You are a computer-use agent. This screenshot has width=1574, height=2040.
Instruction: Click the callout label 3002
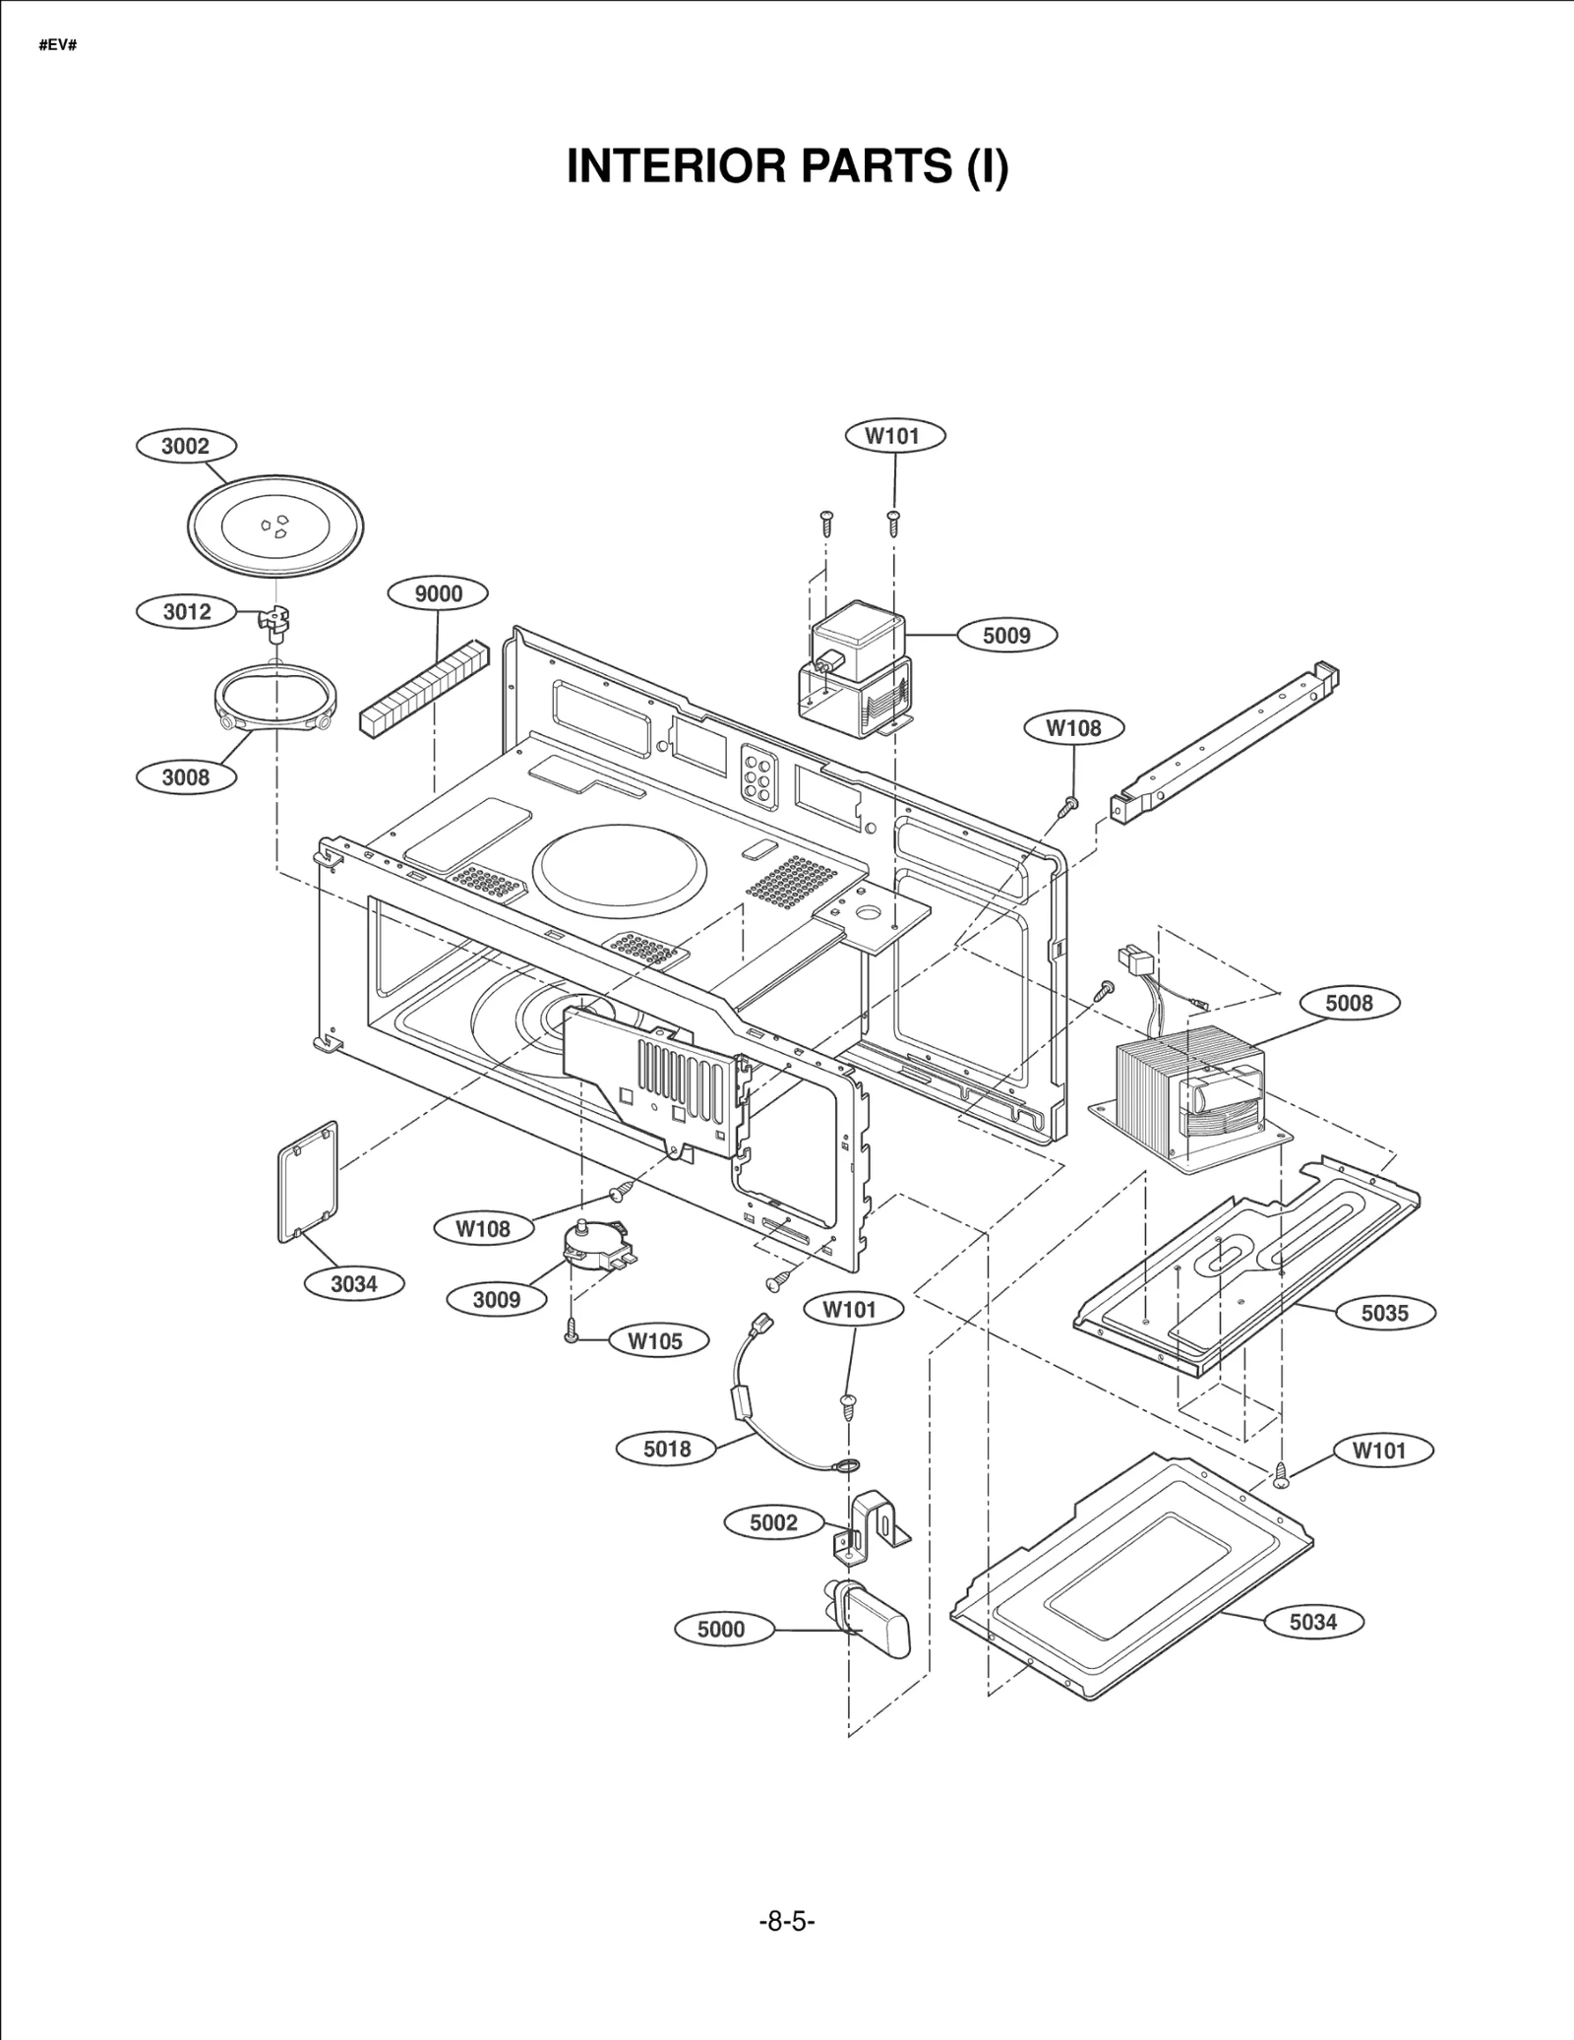tap(185, 447)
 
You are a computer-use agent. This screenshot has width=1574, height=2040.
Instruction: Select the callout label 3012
tap(187, 612)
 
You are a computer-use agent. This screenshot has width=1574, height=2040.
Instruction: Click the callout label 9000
tap(438, 593)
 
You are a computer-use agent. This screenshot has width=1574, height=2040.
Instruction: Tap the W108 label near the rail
tap(1073, 728)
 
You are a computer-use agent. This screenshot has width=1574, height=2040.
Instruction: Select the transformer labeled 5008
tap(1189, 1087)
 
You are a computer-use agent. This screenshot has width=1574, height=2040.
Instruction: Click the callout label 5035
tap(1384, 1313)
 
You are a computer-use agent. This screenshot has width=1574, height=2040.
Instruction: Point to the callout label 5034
tap(1312, 1622)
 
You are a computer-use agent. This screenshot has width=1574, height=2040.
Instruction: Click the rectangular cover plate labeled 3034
tap(309, 1181)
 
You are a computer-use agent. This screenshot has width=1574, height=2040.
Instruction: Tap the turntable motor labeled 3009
tap(596, 1246)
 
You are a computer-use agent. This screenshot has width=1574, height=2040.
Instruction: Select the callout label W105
tap(655, 1341)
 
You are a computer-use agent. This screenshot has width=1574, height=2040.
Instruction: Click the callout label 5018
tap(667, 1449)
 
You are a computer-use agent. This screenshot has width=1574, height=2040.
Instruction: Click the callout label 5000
tap(721, 1630)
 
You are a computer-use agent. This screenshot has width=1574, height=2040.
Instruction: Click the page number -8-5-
tap(787, 1920)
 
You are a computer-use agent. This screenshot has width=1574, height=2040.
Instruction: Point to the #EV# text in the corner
tap(57, 46)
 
